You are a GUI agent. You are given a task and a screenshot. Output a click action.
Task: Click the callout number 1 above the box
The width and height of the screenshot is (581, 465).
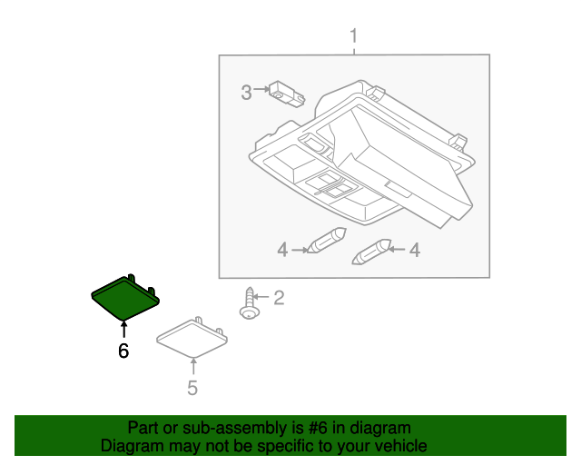354,37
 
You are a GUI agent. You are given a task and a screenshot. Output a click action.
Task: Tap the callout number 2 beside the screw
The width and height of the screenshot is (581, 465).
279,297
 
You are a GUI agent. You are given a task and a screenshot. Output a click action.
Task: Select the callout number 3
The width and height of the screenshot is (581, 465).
246,92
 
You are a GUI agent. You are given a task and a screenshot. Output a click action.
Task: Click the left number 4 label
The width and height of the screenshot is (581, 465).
282,250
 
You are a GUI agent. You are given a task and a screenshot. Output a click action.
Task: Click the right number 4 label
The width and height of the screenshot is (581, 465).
414,250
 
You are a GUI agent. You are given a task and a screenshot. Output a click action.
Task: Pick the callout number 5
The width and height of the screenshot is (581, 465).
192,389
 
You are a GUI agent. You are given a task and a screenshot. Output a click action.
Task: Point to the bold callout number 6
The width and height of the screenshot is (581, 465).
123,351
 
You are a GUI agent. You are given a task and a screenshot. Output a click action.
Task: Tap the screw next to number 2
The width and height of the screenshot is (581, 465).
247,303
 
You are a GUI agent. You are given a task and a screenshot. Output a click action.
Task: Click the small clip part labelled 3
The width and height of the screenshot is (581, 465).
287,93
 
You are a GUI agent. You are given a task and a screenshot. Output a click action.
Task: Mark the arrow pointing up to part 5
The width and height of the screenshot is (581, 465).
192,365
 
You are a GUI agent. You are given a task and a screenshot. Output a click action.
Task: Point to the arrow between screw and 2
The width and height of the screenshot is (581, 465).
261,297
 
